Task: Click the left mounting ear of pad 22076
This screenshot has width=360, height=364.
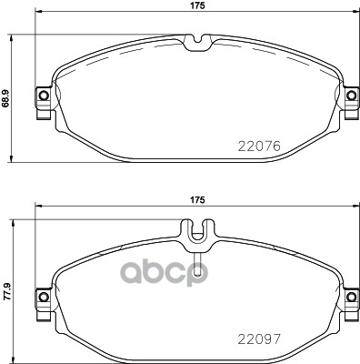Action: (41, 96)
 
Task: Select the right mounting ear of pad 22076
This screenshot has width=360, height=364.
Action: (352, 96)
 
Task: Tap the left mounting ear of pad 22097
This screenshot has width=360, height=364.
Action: (41, 296)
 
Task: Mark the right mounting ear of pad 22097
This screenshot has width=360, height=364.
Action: (352, 296)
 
